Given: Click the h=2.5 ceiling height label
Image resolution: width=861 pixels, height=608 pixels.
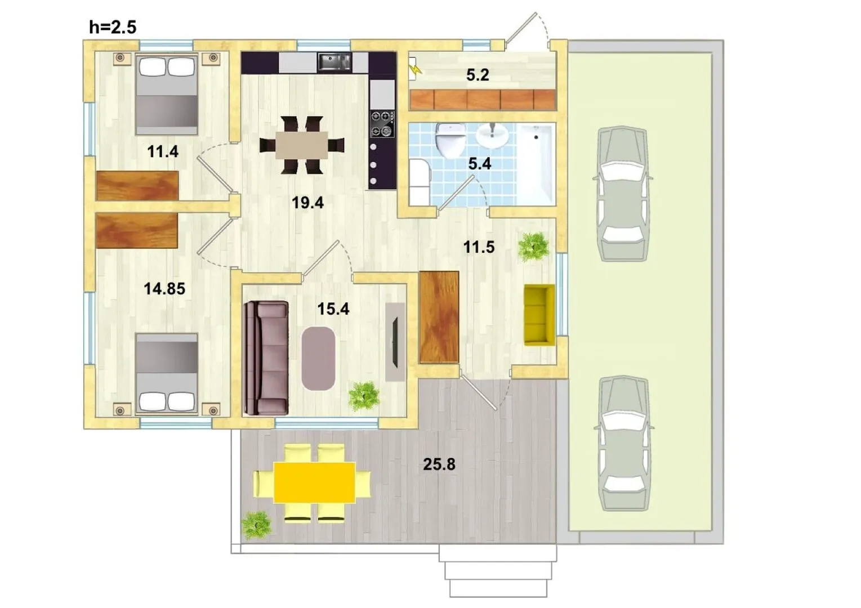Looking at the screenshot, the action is [113, 28].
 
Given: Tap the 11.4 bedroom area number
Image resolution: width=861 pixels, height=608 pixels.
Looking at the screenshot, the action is [163, 151].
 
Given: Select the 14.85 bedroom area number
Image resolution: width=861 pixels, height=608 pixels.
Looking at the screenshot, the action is [164, 289].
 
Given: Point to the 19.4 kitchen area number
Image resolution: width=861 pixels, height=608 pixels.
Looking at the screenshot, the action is [307, 203].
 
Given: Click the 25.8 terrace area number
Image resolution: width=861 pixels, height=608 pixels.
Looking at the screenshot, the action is [439, 464].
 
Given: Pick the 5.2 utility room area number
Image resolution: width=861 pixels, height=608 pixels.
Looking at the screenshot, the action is [478, 75].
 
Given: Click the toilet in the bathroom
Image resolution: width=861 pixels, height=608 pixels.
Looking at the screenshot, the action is [450, 140].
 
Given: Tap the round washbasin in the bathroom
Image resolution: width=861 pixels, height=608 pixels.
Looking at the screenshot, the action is [492, 135].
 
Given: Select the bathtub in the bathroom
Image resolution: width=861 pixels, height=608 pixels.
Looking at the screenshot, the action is [536, 164].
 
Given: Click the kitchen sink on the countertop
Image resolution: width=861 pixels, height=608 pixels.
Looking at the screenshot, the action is [334, 62].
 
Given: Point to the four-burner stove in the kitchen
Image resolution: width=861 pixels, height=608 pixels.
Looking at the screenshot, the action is [382, 124].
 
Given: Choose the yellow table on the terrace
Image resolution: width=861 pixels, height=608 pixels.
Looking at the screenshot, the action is [314, 483].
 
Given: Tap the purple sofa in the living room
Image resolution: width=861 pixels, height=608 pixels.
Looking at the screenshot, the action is [266, 358].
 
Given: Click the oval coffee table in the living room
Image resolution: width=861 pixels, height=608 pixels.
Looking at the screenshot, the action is [318, 359].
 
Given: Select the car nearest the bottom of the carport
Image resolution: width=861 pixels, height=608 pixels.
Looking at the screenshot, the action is [624, 444].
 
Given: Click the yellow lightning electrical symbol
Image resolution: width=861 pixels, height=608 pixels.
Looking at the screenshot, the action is [415, 70].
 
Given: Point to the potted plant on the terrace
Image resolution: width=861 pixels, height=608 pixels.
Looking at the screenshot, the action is [256, 525].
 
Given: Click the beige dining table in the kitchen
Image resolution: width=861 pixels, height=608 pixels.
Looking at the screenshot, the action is [301, 145].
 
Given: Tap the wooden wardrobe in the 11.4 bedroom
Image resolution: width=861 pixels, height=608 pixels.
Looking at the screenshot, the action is [137, 186].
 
